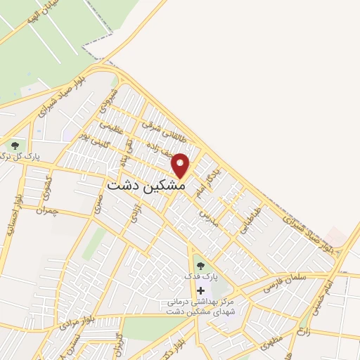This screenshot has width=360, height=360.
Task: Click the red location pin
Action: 181,165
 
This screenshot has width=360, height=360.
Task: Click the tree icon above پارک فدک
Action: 201,265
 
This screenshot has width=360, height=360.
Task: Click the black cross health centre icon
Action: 201,290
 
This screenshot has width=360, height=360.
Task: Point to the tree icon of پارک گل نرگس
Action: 14,145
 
